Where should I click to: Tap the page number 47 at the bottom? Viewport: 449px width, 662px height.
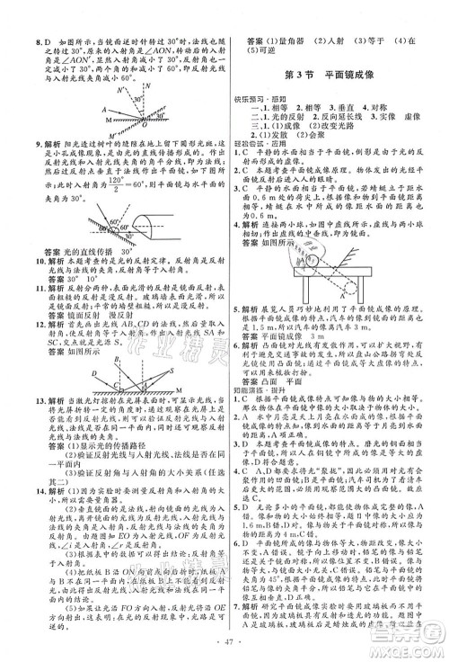pyautogui.click(x=224, y=642)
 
